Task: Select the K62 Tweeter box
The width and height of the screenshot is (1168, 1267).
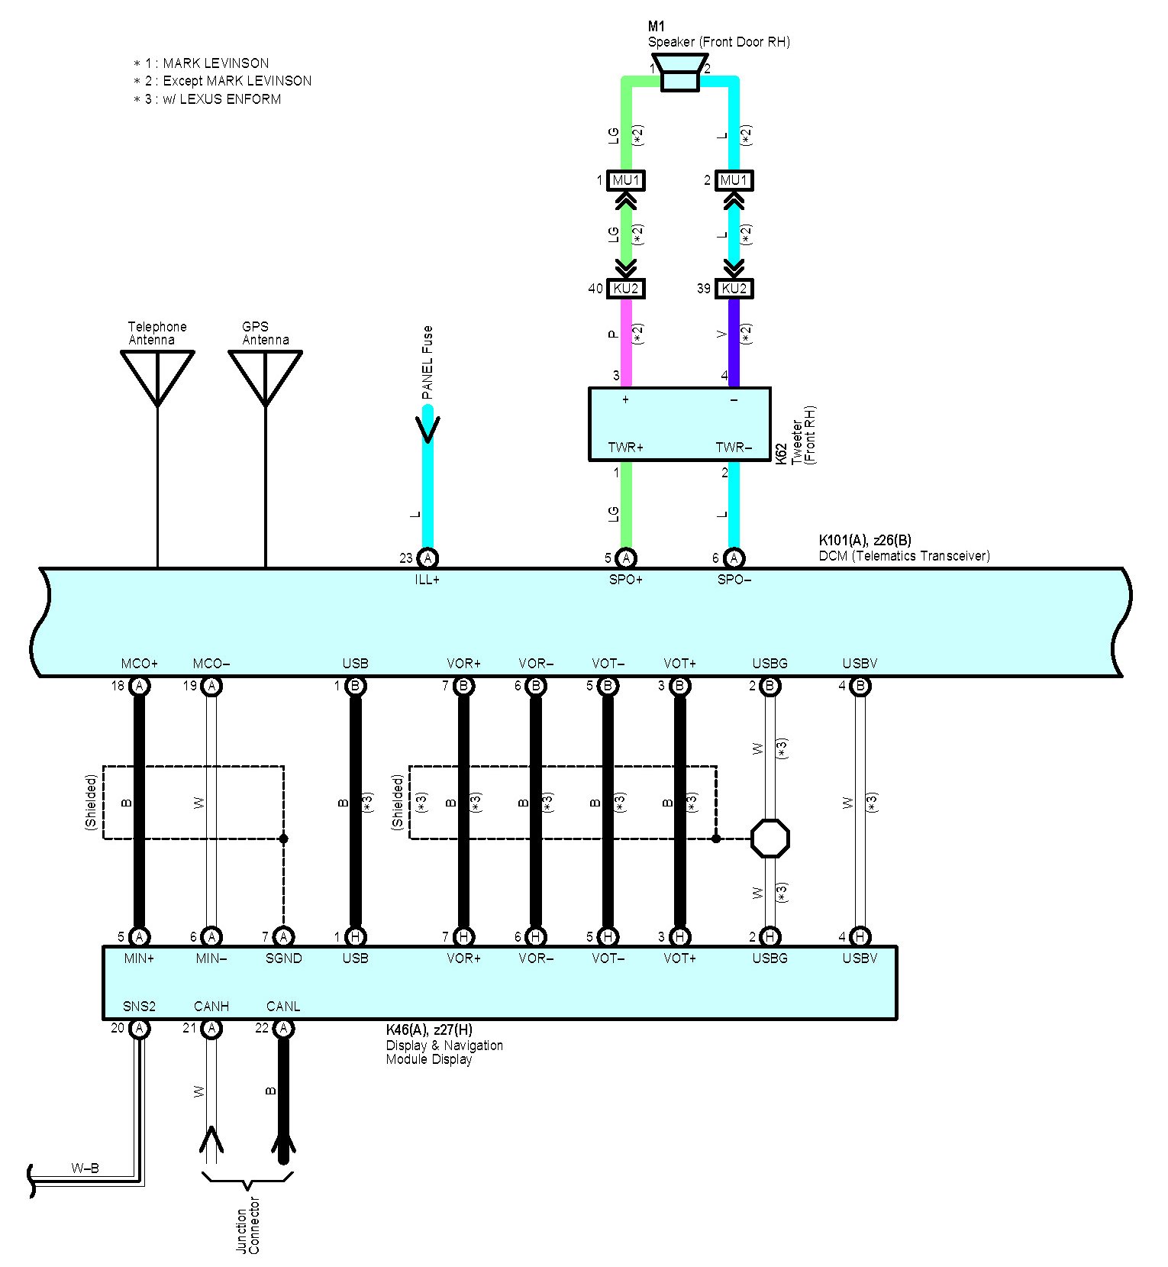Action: click(x=679, y=424)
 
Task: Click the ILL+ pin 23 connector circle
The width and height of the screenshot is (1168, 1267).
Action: click(x=428, y=558)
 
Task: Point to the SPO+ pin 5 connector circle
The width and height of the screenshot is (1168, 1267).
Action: click(x=626, y=558)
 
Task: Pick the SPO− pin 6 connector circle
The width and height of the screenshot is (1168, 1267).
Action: click(x=734, y=558)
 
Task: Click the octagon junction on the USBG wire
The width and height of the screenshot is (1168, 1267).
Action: click(x=770, y=839)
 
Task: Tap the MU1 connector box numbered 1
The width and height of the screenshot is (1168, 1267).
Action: click(x=626, y=180)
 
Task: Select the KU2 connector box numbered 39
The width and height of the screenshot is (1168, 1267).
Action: click(x=734, y=289)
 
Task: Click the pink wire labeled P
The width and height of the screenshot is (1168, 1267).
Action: click(x=626, y=342)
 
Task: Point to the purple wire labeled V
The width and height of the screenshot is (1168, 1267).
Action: click(x=734, y=342)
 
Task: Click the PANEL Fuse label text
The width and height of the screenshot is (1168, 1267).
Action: click(x=428, y=363)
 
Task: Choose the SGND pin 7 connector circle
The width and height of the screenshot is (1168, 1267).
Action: click(x=283, y=936)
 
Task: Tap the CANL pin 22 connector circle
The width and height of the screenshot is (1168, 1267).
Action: click(x=283, y=1029)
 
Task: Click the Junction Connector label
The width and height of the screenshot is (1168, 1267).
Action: click(x=248, y=1226)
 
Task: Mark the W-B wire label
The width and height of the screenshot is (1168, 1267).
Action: click(x=85, y=1168)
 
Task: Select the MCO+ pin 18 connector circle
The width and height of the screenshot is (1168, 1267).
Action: click(x=139, y=686)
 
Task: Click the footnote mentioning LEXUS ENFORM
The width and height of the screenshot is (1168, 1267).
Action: click(x=207, y=99)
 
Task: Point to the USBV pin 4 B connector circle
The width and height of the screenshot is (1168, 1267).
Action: click(x=860, y=686)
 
